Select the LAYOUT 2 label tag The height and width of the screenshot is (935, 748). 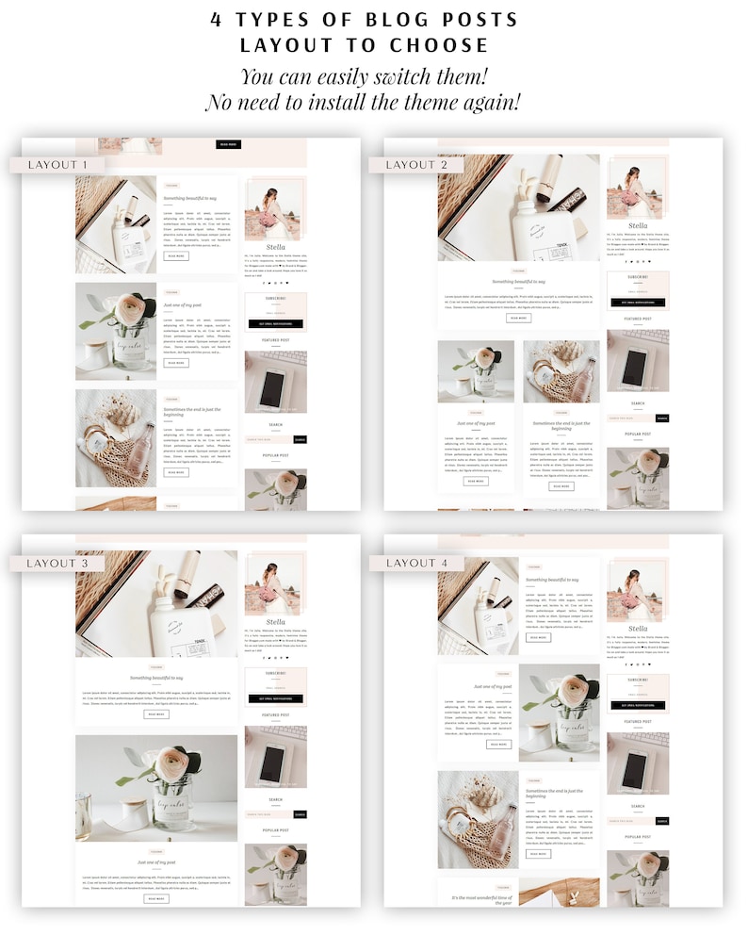click(x=412, y=165)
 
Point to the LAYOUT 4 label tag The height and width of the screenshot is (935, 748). click(x=412, y=563)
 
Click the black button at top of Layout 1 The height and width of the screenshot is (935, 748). click(x=228, y=144)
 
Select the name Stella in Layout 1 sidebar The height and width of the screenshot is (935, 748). click(x=275, y=247)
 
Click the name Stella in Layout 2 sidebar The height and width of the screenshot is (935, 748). click(x=638, y=226)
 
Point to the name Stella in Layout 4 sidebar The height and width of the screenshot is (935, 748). click(x=638, y=629)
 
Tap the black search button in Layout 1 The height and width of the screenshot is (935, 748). click(x=300, y=439)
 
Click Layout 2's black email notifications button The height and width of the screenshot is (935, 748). click(x=638, y=303)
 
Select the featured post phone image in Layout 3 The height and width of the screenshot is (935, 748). click(x=275, y=757)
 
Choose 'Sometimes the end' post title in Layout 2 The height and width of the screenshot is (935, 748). click(x=561, y=426)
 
